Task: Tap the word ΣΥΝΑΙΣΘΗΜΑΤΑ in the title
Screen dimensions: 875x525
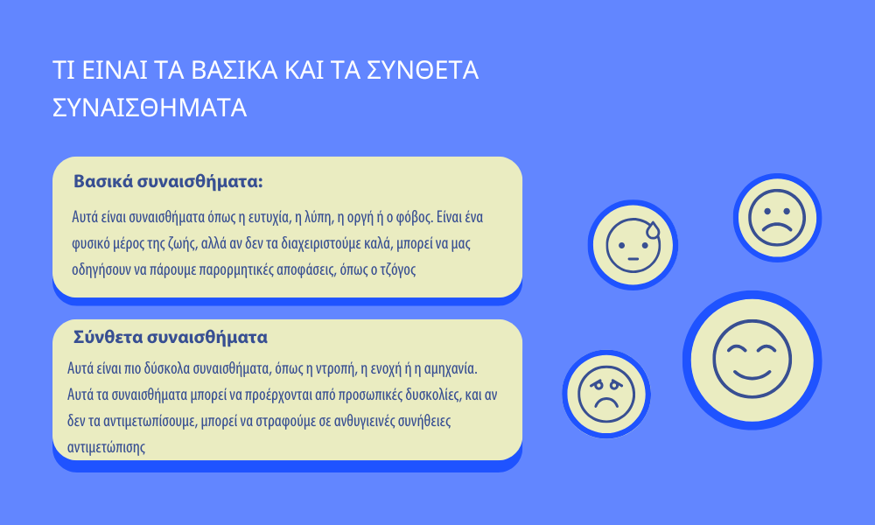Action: (x=150, y=108)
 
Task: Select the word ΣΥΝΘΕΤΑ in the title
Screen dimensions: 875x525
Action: (x=423, y=70)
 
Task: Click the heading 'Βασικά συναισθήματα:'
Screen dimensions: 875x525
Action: (x=168, y=182)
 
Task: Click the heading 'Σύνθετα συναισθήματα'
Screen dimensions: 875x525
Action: (x=171, y=337)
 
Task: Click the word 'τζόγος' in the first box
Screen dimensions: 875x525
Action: (x=398, y=270)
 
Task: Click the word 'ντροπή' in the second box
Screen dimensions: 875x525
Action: (x=337, y=368)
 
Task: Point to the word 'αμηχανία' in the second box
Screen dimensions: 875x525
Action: (x=451, y=368)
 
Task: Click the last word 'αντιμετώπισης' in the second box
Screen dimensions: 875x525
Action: (x=106, y=447)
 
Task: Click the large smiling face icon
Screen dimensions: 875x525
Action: (x=752, y=360)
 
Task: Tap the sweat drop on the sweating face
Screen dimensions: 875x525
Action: (x=653, y=230)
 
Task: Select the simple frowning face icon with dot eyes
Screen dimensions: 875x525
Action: (x=777, y=218)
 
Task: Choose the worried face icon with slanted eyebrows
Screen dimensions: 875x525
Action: (x=606, y=394)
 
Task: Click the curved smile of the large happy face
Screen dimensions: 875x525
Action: (x=752, y=374)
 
